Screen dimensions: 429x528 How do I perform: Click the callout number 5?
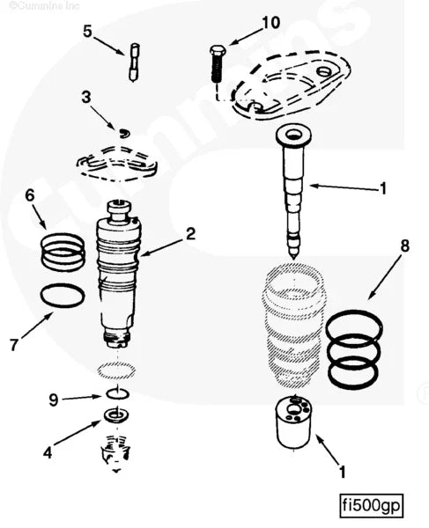87,32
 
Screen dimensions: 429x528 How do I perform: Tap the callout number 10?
271,23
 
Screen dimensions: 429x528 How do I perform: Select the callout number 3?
86,98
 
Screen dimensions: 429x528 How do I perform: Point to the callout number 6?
30,195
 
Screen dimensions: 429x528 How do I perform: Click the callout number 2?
191,234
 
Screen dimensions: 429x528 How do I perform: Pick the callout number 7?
14,345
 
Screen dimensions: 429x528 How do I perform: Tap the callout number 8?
404,246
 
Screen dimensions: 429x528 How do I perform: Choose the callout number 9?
54,400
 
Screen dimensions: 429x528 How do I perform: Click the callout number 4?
48,452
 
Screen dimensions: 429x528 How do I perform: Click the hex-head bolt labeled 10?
218,63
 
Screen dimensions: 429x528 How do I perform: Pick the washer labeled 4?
115,415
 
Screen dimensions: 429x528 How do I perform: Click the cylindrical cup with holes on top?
293,422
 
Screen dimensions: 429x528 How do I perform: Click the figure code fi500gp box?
372,505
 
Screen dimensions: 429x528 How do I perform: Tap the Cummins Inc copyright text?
44,5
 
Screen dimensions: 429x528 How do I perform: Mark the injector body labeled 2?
118,274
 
